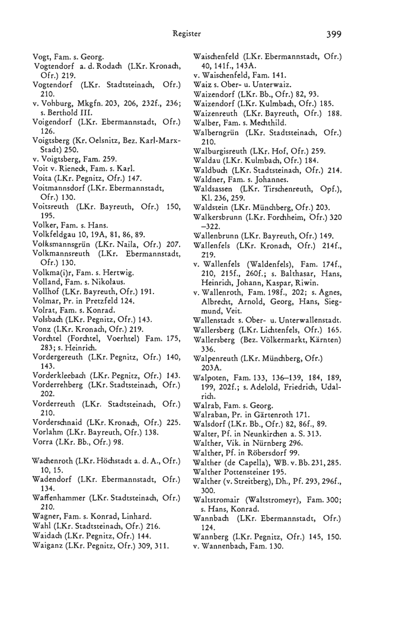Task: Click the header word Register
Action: coord(187,34)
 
